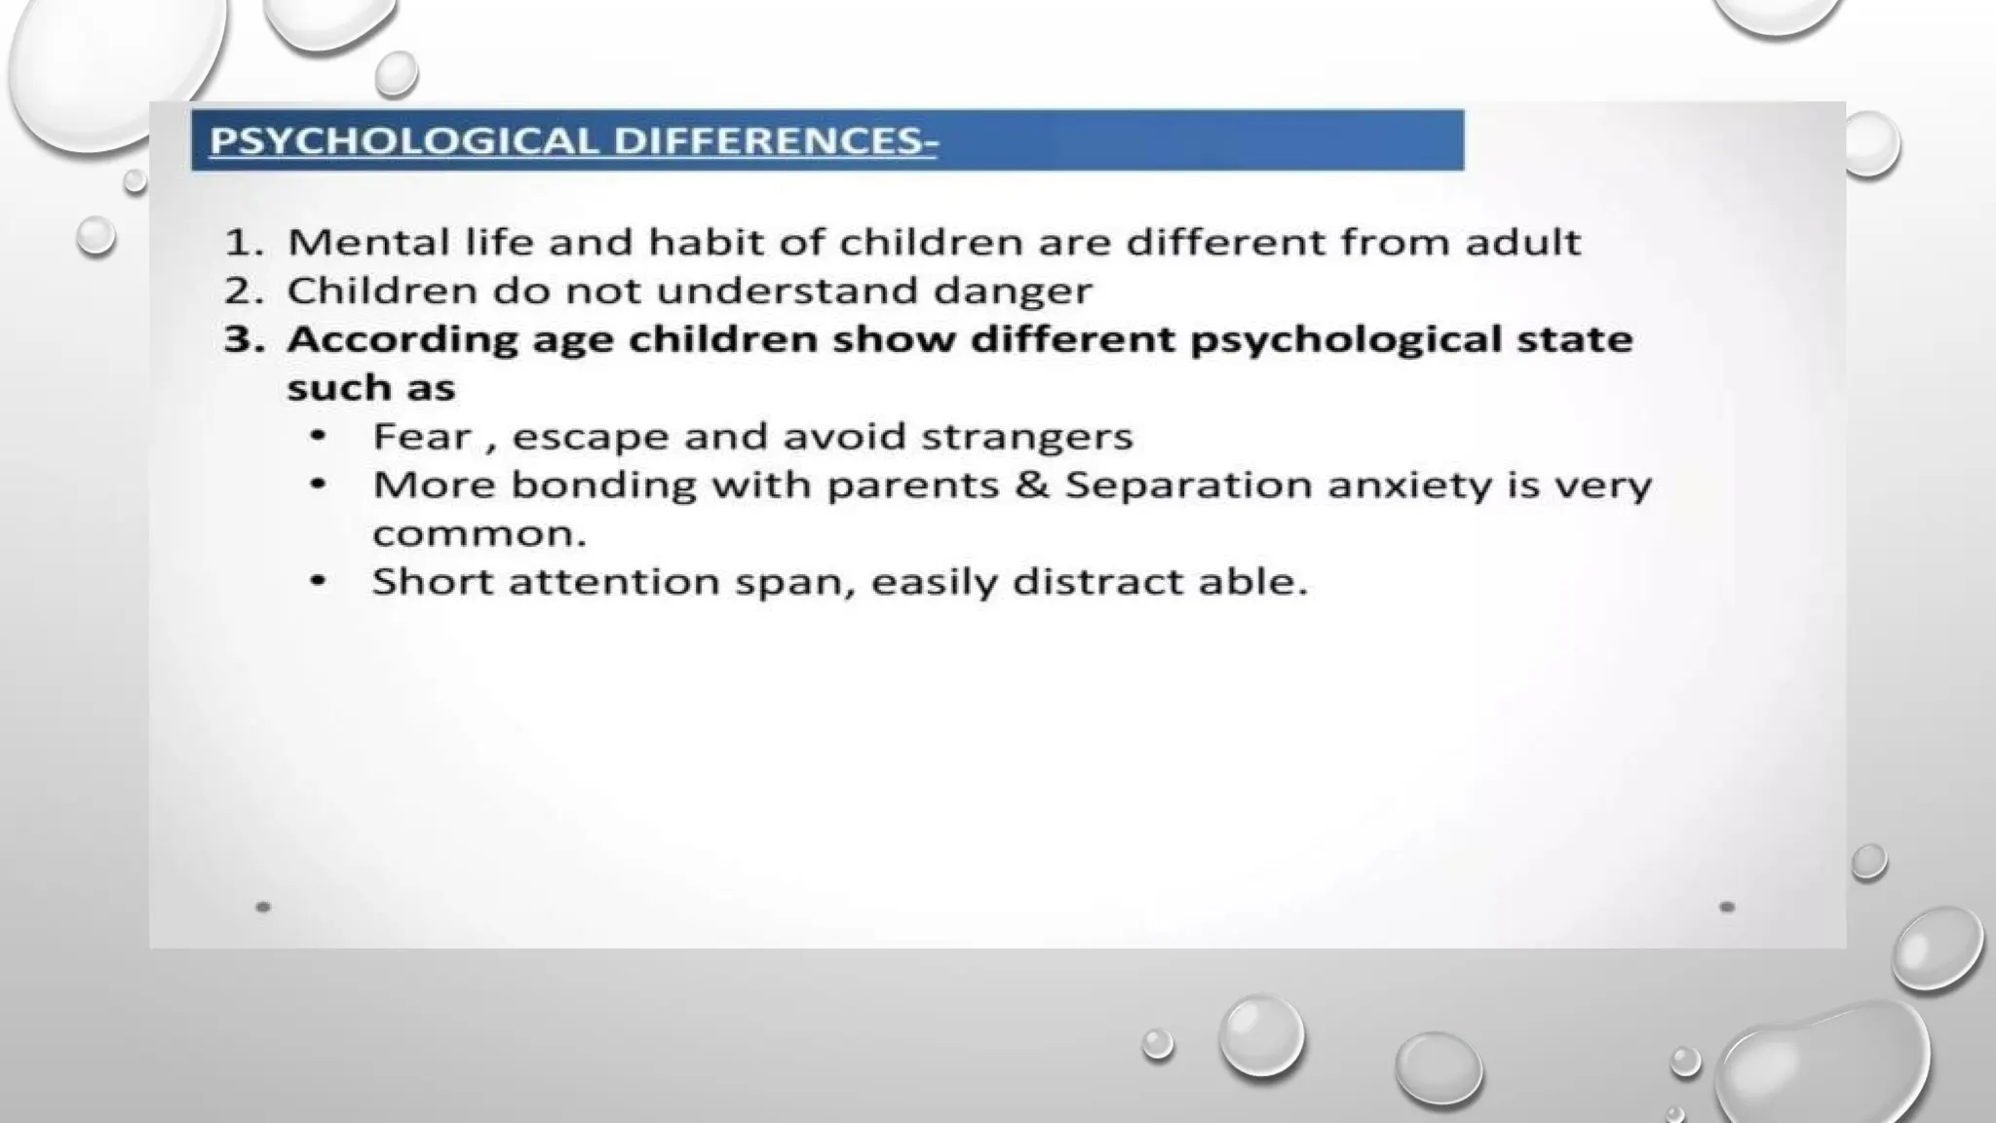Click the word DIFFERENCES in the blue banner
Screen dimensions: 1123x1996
768,141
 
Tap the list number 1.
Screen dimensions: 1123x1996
243,242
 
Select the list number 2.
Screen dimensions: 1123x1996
243,290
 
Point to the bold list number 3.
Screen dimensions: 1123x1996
243,339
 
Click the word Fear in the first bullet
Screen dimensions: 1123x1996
421,436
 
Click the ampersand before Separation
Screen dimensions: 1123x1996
1032,484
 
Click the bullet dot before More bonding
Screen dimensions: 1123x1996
318,484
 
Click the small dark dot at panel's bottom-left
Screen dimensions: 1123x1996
263,907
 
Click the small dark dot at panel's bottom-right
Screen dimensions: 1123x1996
1727,907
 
